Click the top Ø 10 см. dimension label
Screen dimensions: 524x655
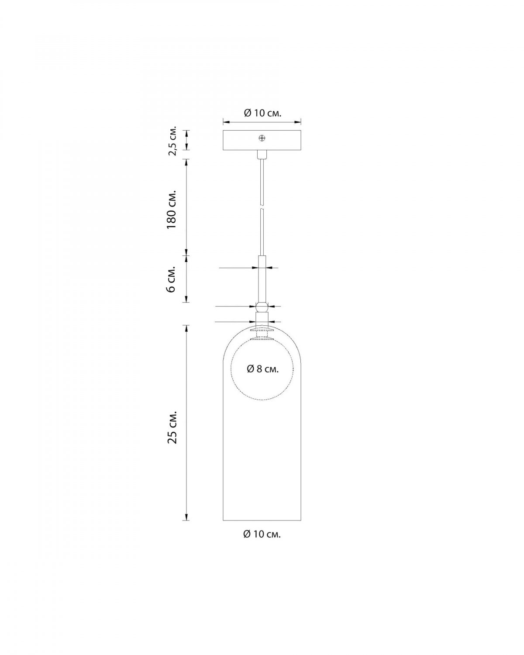(x=262, y=114)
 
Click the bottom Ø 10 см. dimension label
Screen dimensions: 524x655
(x=262, y=543)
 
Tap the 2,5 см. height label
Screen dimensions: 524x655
(x=172, y=140)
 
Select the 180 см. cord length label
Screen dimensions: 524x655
(x=172, y=210)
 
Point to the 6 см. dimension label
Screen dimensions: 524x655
(x=172, y=279)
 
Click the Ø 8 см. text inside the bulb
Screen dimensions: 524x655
(x=263, y=369)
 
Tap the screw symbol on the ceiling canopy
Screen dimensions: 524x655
(x=262, y=138)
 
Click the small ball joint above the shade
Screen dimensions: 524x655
(x=262, y=307)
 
